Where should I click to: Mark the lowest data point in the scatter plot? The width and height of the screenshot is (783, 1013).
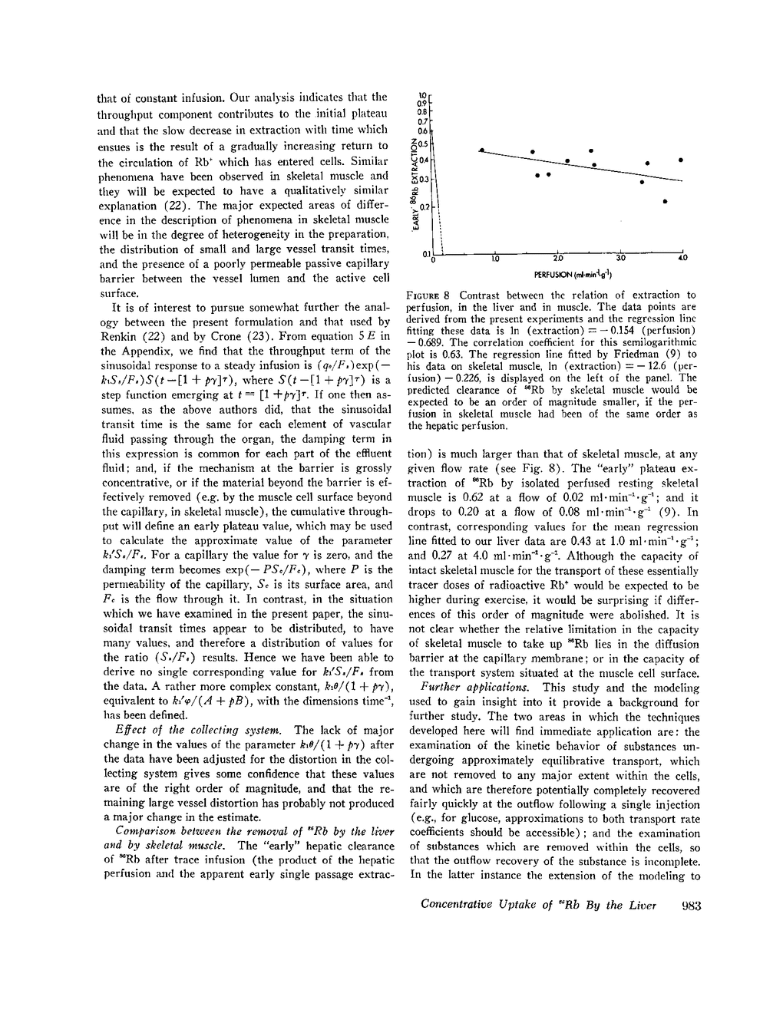point(665,202)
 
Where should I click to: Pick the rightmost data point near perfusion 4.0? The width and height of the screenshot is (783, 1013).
point(682,160)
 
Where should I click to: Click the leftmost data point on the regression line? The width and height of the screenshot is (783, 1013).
point(482,150)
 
